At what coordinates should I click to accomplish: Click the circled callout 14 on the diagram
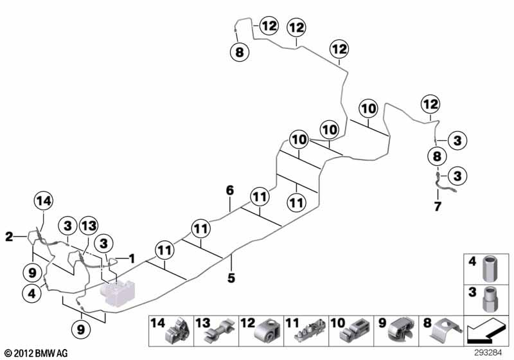44,201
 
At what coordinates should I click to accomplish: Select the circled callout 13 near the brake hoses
89,225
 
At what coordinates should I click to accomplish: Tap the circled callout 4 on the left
31,293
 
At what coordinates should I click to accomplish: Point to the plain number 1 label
132,258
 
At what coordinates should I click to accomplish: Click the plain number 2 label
9,237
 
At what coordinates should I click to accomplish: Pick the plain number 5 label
231,278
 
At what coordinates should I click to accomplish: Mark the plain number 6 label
230,190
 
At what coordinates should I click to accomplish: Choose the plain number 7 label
438,206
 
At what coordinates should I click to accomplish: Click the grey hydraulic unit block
118,292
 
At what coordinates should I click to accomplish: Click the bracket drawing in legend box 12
267,330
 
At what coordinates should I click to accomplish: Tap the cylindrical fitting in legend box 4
490,269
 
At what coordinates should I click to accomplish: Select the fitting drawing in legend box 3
490,300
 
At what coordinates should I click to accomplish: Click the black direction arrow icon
486,330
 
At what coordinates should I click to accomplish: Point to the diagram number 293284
488,353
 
